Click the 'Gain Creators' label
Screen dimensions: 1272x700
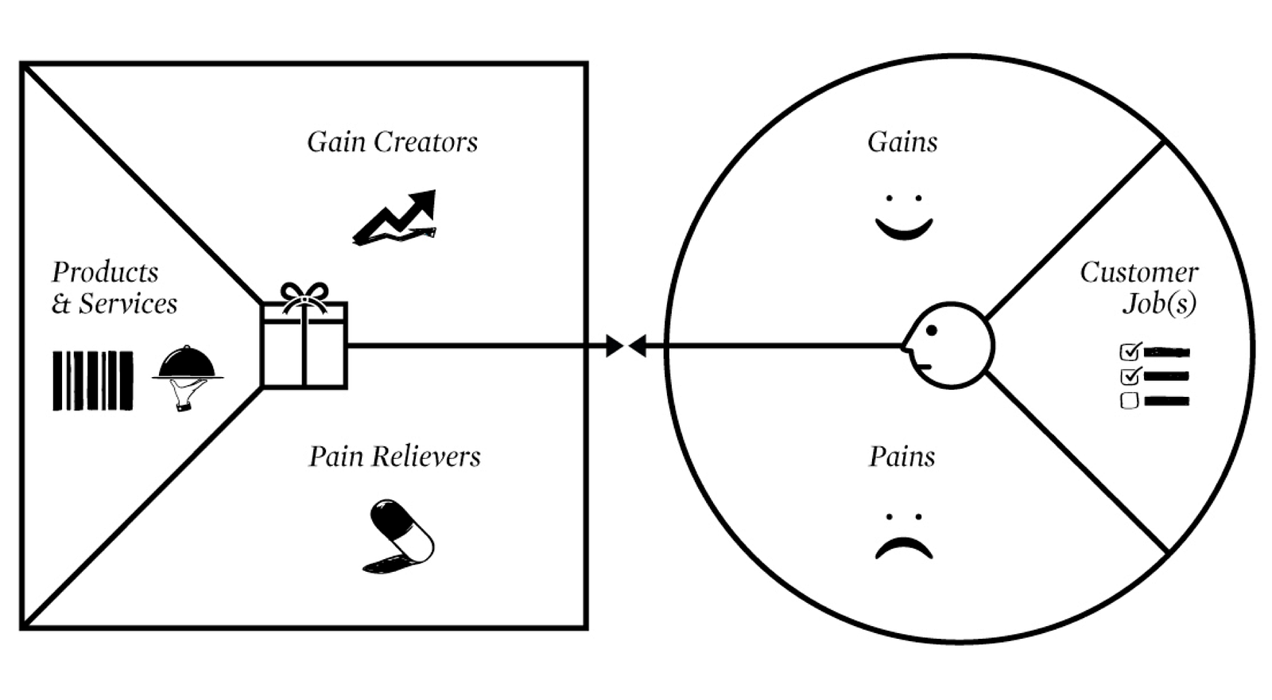point(393,142)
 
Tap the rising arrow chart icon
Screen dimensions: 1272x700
point(394,218)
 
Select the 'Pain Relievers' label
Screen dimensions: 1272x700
point(394,457)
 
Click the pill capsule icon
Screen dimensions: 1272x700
point(398,536)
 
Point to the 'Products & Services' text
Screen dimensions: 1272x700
point(114,287)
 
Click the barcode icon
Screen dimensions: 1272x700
point(93,381)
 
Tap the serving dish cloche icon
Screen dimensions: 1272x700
point(188,378)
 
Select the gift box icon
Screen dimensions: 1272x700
point(304,335)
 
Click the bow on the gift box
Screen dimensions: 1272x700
point(304,297)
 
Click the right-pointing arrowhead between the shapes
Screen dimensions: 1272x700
point(615,345)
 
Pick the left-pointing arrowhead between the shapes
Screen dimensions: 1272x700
point(637,345)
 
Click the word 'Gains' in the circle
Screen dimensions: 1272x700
point(902,142)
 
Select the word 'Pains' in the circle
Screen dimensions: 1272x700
point(902,457)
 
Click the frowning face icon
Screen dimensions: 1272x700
point(904,536)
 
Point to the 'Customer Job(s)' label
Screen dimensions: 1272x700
point(1139,287)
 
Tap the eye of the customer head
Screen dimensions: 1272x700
point(931,330)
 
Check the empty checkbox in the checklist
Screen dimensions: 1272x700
point(1130,401)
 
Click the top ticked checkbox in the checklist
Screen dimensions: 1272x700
point(1130,352)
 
